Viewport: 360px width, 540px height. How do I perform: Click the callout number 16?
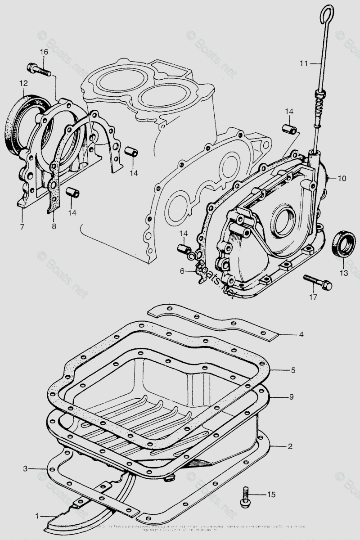coord(44,52)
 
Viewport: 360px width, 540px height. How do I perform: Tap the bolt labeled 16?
coord(39,69)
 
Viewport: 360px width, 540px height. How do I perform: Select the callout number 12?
coord(23,83)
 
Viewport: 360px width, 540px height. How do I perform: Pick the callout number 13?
coord(344,273)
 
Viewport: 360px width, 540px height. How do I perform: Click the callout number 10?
coord(342,179)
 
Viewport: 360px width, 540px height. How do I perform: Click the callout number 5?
coord(292,370)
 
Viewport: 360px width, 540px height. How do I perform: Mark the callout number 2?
coord(290,446)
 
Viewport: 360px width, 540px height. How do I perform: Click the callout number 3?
coord(26,468)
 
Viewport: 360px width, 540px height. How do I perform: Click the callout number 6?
coord(182,271)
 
